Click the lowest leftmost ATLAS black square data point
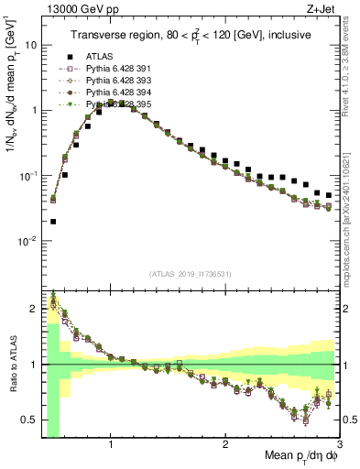click(x=53, y=222)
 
